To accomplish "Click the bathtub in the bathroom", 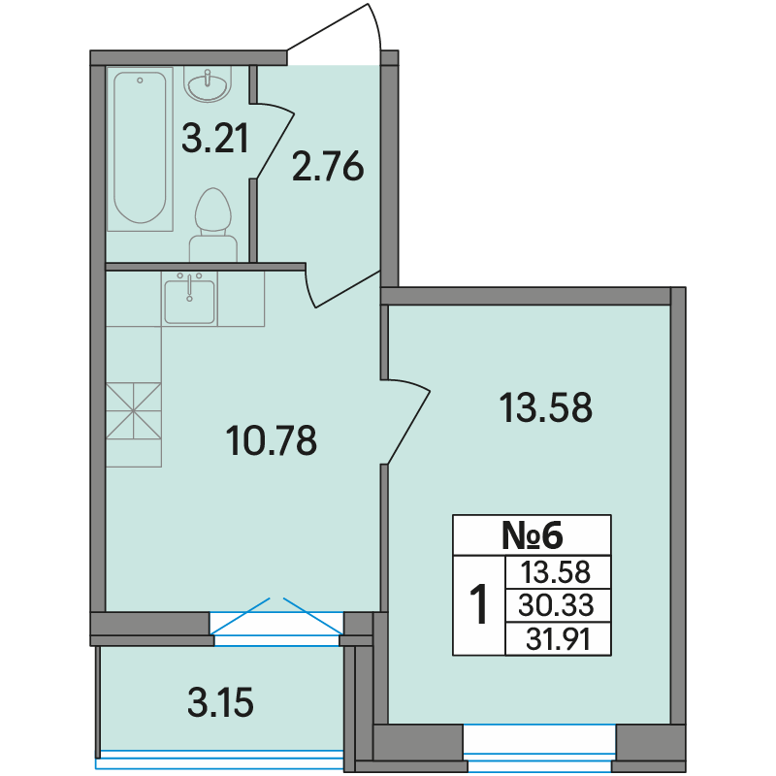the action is pos(140,149).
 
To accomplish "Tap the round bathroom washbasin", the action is pos(208,84).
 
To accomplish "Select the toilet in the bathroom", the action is pos(213,225).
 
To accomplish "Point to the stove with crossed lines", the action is pos(134,410).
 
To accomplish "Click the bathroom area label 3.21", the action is pos(214,139).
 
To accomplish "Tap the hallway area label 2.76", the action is pos(328,167).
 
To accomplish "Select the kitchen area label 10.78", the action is pos(272,441).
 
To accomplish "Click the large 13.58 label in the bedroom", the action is pos(546,407).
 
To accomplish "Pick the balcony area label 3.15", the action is pos(221,702).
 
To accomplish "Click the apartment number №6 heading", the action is pos(532,535).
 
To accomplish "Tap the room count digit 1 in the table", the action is pos(478,604).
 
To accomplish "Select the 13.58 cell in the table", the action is pos(556,572).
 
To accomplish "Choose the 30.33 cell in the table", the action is pos(556,604).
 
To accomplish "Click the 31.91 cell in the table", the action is pos(558,639).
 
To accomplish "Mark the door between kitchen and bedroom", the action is pos(405,422).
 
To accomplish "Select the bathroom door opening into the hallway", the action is pos(274,140).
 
